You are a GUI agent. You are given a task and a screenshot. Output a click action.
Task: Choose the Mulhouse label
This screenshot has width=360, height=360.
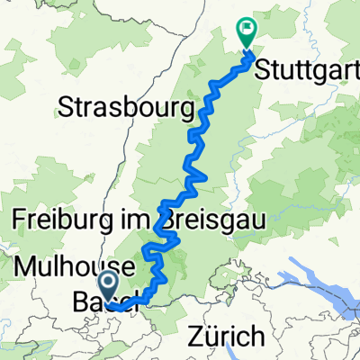click(x=77, y=267)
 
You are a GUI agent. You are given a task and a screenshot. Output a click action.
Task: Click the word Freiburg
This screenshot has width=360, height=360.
click(x=62, y=220)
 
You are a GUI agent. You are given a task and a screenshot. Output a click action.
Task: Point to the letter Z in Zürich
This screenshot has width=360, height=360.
click(x=195, y=337)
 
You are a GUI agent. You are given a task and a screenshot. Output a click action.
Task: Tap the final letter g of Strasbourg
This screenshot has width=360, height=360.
click(x=187, y=111)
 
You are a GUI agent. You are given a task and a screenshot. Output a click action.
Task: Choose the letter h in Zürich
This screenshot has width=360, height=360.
click(x=257, y=337)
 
